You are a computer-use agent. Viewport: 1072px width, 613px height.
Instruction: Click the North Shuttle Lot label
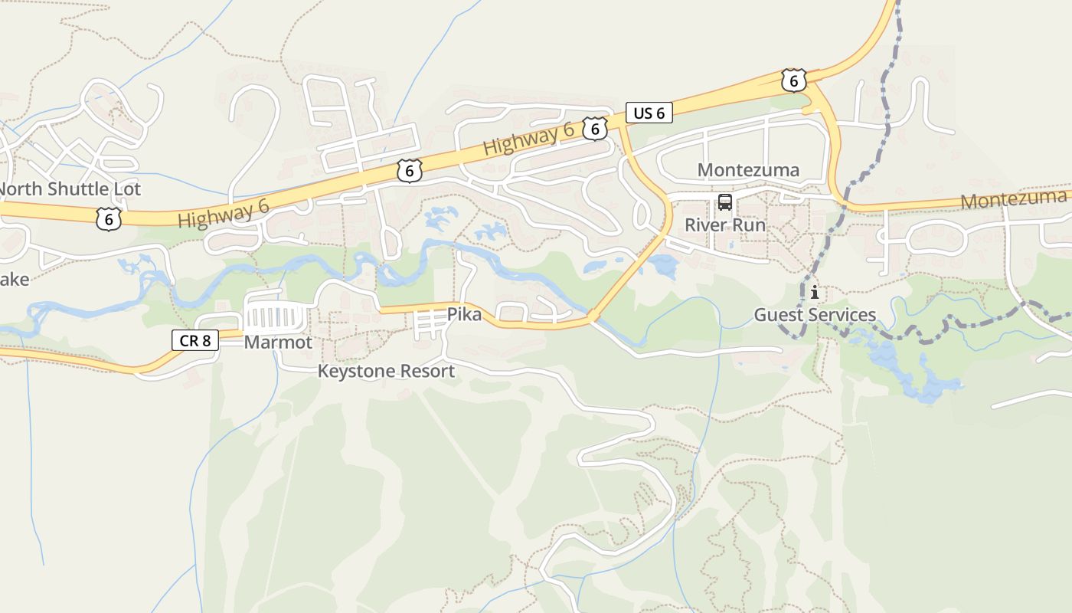(x=69, y=188)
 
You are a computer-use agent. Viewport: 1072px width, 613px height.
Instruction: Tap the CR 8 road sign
(x=195, y=339)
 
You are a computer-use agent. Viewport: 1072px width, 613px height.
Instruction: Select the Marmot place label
(x=278, y=343)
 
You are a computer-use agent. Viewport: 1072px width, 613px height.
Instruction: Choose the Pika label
(x=464, y=314)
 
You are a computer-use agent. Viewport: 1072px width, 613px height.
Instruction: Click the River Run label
(x=724, y=225)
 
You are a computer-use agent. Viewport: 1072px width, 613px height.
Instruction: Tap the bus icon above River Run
(x=724, y=202)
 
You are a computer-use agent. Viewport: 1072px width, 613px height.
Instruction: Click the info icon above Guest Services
(x=815, y=292)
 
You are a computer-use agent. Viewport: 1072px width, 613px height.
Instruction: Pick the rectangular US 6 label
(x=649, y=113)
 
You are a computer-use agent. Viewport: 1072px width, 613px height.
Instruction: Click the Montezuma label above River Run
(x=748, y=170)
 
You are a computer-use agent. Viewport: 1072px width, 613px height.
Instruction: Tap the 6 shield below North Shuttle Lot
(x=109, y=219)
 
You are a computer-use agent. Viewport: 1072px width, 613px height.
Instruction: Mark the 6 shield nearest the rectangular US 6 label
(x=594, y=128)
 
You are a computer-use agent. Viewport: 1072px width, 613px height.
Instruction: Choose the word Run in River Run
(x=748, y=225)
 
